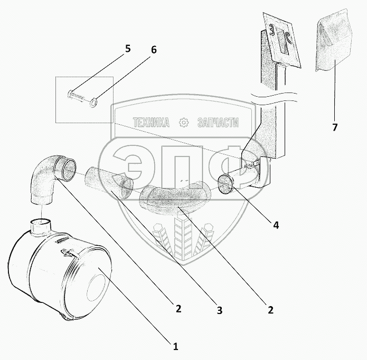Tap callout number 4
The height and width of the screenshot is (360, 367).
tap(276, 224)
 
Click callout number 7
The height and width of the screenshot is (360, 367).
tap(334, 127)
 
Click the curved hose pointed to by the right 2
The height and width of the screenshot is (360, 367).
tap(174, 197)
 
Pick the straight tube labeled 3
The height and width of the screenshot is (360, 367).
tap(108, 182)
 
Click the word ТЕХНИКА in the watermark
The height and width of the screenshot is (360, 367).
tap(152, 123)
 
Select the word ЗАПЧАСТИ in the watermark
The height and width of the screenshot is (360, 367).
tap(217, 123)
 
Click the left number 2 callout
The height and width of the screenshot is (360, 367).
tap(179, 309)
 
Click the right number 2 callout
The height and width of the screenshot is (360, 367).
tap(270, 310)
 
